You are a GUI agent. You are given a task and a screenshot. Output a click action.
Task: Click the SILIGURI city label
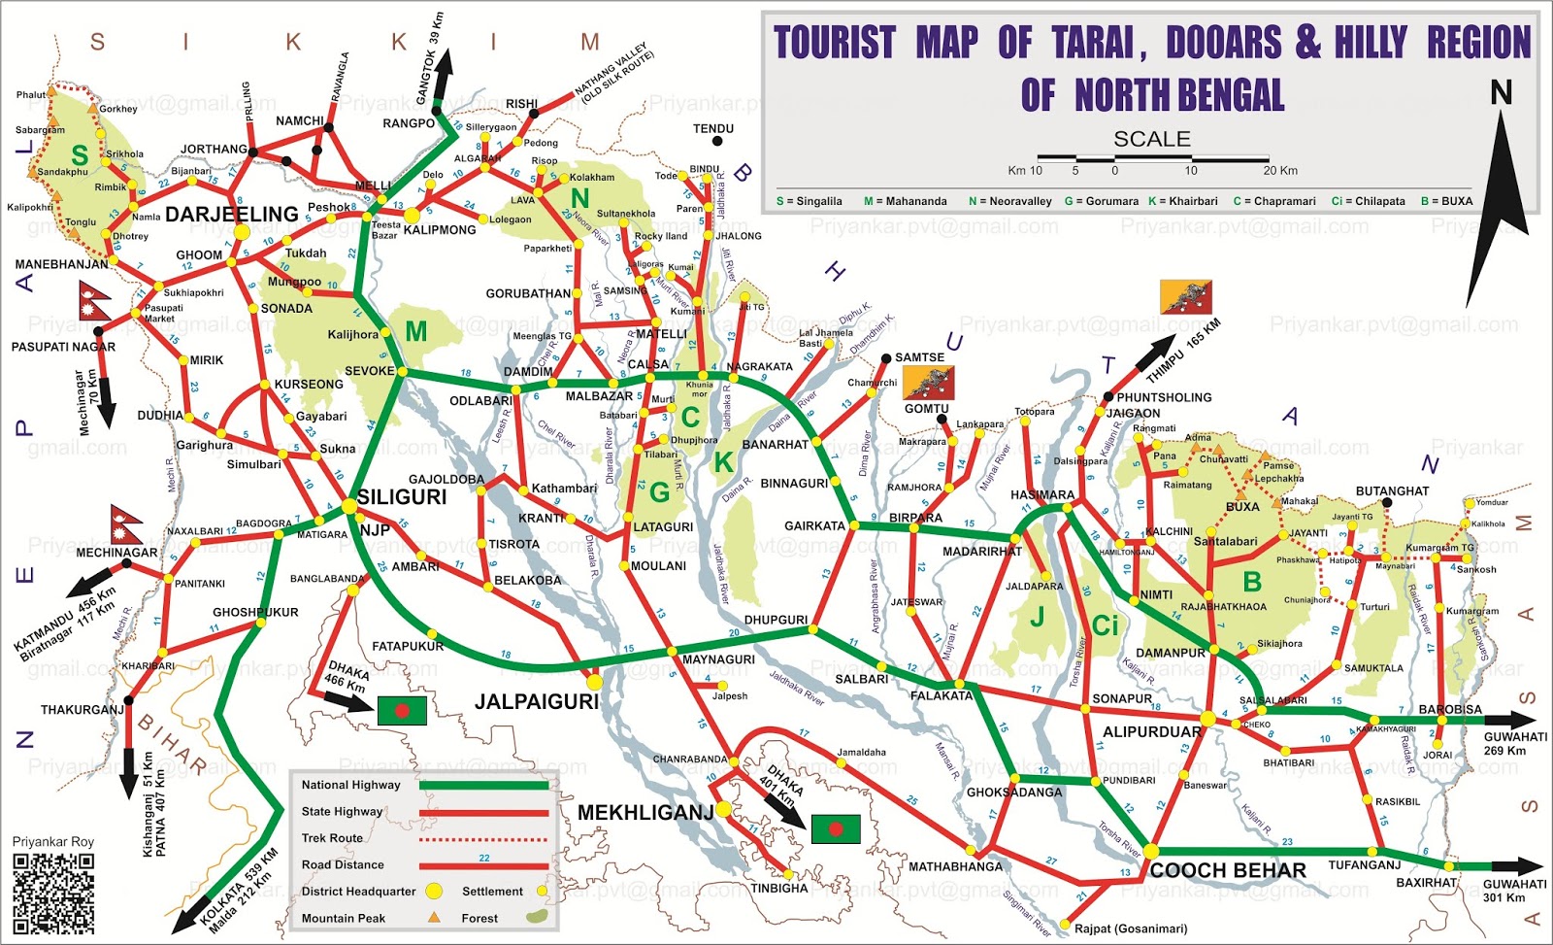pos(402,497)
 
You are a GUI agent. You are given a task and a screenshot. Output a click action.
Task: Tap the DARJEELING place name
pos(231,215)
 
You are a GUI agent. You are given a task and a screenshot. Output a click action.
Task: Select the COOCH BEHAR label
pos(1227,870)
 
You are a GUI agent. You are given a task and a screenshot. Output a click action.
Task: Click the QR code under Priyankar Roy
pos(53,893)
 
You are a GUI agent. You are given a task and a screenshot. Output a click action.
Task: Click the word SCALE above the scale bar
pos(1151,139)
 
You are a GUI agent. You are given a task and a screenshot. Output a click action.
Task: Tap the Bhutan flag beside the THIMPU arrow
pos(1185,297)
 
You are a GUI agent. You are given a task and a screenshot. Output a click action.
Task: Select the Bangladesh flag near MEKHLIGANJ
pos(835,828)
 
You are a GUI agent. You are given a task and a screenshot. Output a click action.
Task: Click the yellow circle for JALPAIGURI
pos(594,682)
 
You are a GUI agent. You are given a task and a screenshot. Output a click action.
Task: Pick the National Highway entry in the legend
pos(350,785)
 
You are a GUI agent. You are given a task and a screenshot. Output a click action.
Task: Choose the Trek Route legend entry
pos(332,838)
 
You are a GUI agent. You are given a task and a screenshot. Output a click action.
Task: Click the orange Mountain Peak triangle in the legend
pos(434,917)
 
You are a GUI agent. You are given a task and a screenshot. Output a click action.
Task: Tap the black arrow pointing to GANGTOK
pos(443,75)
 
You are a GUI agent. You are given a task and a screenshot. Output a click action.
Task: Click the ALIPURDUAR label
pos(1151,732)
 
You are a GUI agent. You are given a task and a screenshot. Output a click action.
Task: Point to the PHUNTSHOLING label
pos(1164,397)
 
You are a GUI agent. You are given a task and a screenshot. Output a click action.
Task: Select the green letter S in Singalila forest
pos(80,155)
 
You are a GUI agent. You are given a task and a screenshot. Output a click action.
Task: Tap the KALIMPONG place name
pos(440,230)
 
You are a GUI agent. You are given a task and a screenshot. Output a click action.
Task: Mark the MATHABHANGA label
pos(955,866)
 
